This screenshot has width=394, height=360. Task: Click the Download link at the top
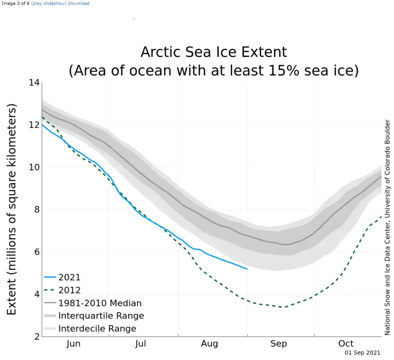[79, 3]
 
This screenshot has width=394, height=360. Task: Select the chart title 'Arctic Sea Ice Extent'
[214, 52]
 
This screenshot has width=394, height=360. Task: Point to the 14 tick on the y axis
[34, 83]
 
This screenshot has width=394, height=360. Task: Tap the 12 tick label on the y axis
[34, 125]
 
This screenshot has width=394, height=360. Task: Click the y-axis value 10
[34, 167]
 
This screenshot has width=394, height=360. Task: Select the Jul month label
[141, 344]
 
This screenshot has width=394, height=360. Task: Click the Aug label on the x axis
[209, 344]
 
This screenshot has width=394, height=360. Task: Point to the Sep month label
[278, 344]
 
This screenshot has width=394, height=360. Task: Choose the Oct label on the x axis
[346, 344]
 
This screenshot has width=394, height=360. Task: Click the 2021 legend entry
[69, 278]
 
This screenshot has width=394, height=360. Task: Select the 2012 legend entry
[69, 291]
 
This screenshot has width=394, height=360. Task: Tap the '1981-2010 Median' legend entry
[100, 304]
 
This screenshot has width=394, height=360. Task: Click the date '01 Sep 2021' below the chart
[362, 353]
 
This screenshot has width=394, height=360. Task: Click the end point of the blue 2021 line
[247, 269]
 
